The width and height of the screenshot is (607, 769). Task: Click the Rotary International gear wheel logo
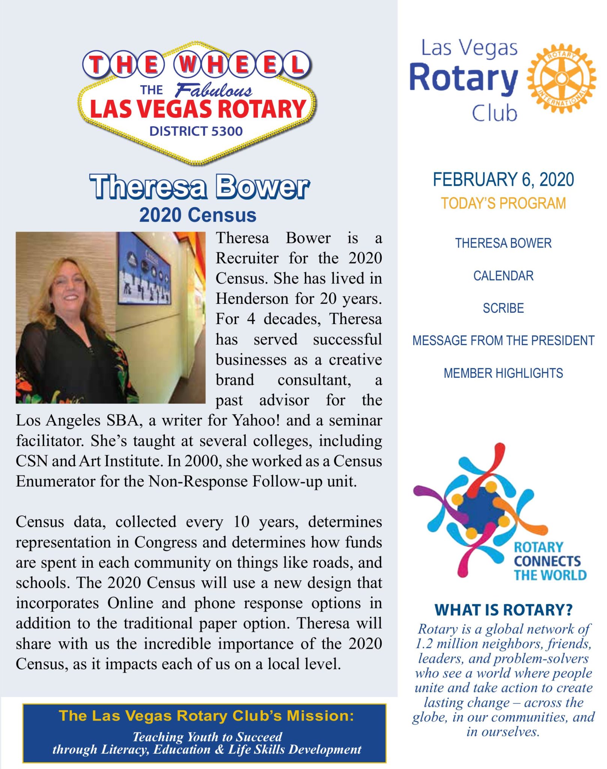(561, 78)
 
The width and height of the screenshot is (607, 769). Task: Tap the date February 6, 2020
(503, 179)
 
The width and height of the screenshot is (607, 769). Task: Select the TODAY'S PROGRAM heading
(503, 203)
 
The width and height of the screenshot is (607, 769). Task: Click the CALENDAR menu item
(503, 276)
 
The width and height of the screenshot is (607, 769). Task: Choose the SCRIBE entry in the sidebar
(503, 308)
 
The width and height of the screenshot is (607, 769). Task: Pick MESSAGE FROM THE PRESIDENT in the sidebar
(503, 341)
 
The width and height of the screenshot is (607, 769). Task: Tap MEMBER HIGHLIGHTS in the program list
(503, 373)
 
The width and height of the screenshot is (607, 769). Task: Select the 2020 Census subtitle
(198, 215)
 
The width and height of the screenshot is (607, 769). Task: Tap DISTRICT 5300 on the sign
(196, 131)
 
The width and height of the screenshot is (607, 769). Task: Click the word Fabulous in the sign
(214, 90)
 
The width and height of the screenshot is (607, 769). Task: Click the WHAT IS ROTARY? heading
(503, 610)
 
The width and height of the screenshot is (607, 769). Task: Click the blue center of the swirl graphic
(481, 510)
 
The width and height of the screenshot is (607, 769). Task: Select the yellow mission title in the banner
(206, 716)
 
